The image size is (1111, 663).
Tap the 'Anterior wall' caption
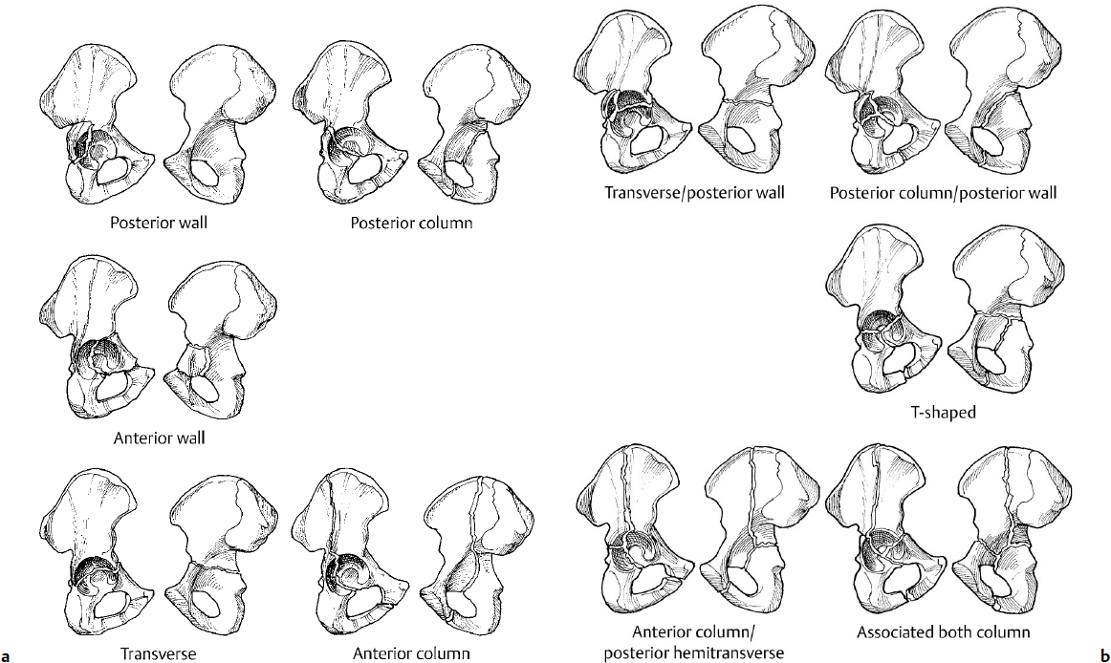(159, 438)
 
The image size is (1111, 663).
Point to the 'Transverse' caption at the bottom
(158, 654)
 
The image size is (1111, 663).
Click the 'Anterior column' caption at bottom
(411, 654)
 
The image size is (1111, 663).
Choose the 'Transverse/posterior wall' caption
(694, 193)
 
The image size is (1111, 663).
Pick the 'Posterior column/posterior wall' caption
(945, 193)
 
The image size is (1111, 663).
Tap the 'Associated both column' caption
(943, 632)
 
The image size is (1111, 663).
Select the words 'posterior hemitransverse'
(693, 652)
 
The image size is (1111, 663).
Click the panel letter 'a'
(7, 655)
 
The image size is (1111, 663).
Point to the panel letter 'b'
(1103, 655)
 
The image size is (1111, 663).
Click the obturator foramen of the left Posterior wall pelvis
(117, 170)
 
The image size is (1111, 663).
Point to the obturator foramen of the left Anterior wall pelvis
(116, 384)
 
